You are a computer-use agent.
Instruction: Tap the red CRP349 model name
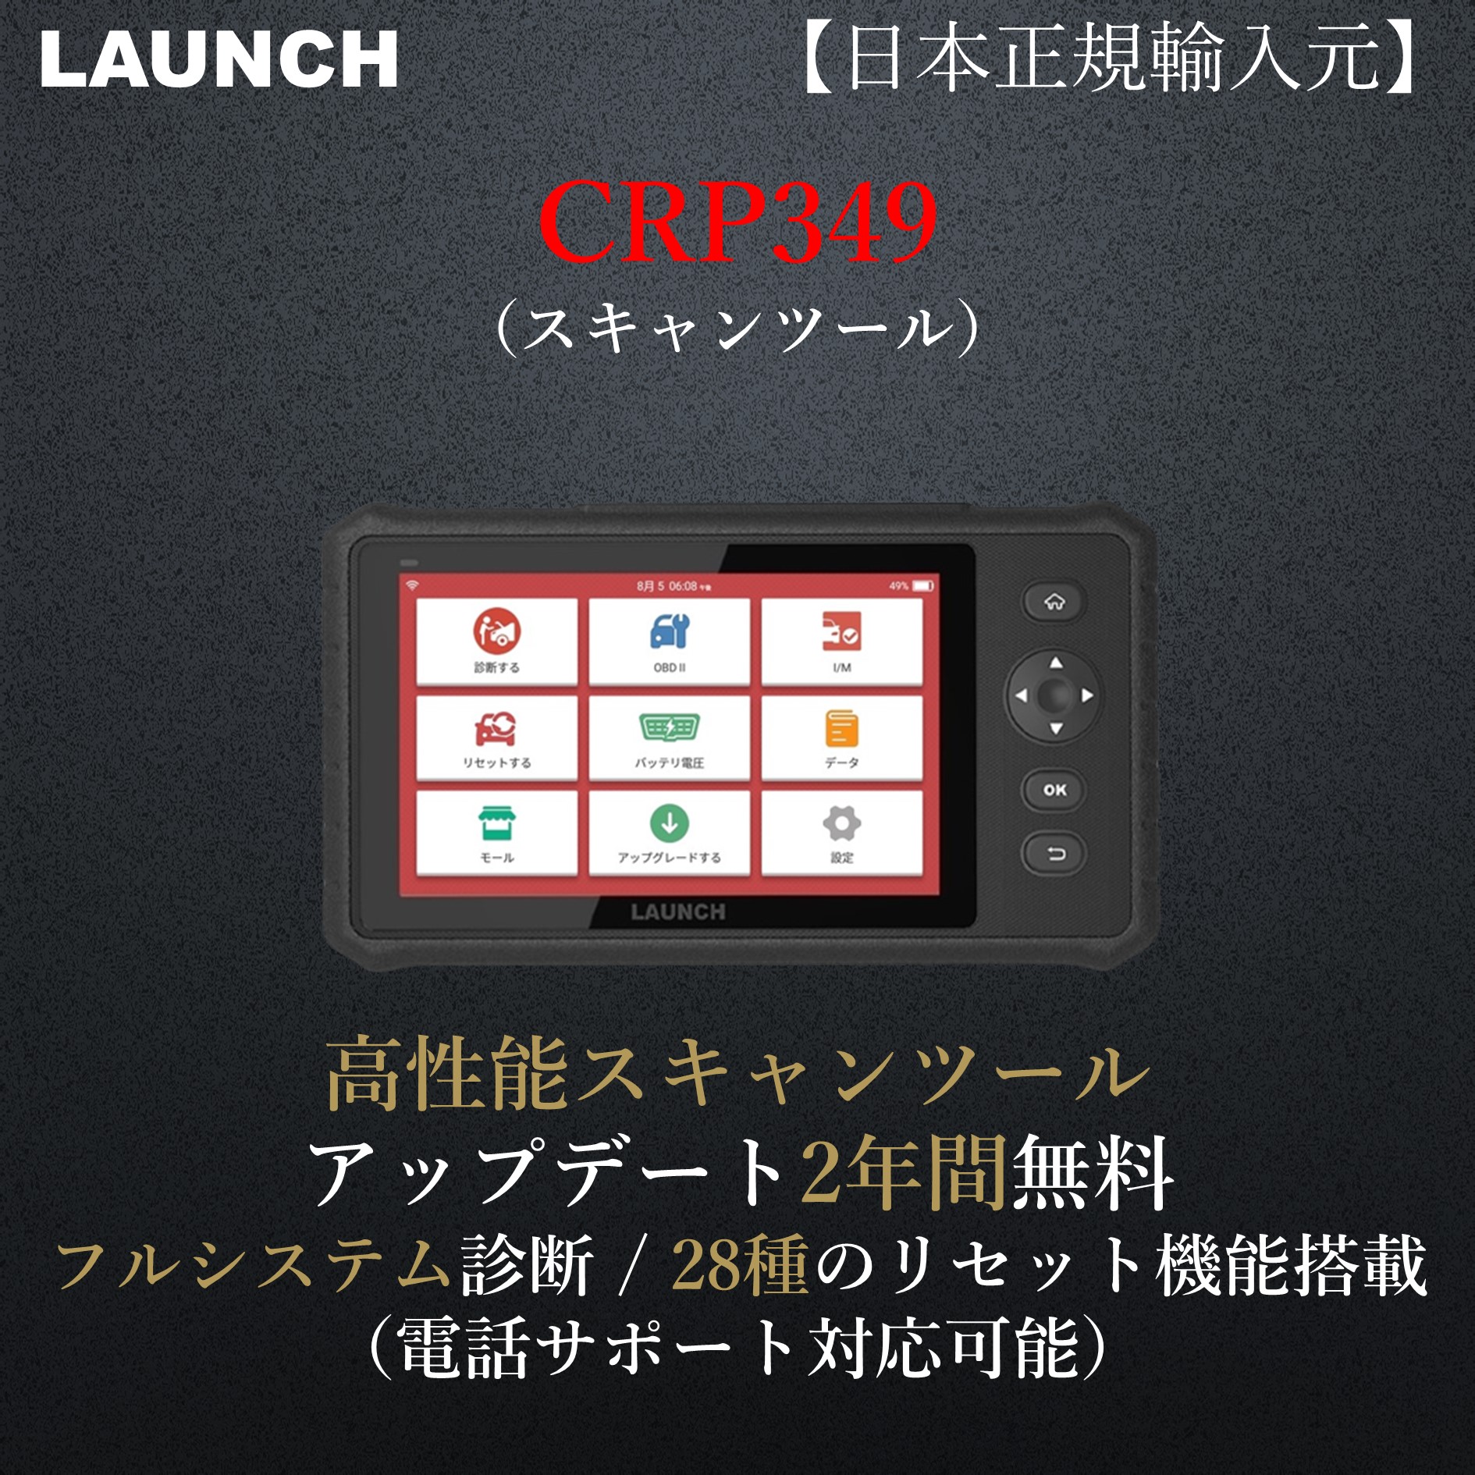737,222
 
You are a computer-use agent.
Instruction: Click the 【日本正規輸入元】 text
1112,58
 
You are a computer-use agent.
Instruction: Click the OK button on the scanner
1054,790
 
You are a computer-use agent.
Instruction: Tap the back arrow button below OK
1054,854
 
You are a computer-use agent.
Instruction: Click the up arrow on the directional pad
1056,663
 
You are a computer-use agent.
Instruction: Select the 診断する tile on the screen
497,642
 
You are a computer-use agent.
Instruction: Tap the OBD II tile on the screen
670,642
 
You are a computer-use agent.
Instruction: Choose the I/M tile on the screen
841,642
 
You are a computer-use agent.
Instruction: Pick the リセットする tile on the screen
497,738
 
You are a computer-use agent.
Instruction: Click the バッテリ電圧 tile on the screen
670,738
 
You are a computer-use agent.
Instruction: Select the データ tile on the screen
841,738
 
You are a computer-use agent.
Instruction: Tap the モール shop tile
497,833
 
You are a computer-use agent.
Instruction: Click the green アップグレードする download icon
670,823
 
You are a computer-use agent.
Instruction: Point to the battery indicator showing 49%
922,586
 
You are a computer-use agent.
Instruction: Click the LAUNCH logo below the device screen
677,912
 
